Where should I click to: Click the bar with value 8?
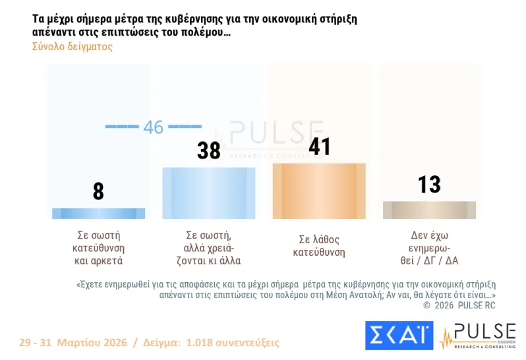(98, 213)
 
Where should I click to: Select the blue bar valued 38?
(209, 193)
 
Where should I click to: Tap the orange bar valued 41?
(319, 191)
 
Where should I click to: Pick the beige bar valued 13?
(429, 210)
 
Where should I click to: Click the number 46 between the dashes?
(153, 127)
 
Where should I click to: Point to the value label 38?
(209, 151)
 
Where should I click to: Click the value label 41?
(319, 146)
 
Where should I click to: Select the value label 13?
(429, 185)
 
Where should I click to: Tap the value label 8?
(98, 191)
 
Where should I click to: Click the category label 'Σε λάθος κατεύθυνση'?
(319, 245)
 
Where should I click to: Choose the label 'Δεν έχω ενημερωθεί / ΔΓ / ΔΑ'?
(429, 247)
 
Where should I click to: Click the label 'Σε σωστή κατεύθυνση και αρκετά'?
(98, 247)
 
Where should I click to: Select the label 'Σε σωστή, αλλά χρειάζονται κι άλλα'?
(209, 247)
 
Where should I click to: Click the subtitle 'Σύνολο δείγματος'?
(72, 47)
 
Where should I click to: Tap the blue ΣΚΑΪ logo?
(399, 336)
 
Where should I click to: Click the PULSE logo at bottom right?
(477, 336)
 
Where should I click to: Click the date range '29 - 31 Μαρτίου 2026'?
(73, 343)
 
